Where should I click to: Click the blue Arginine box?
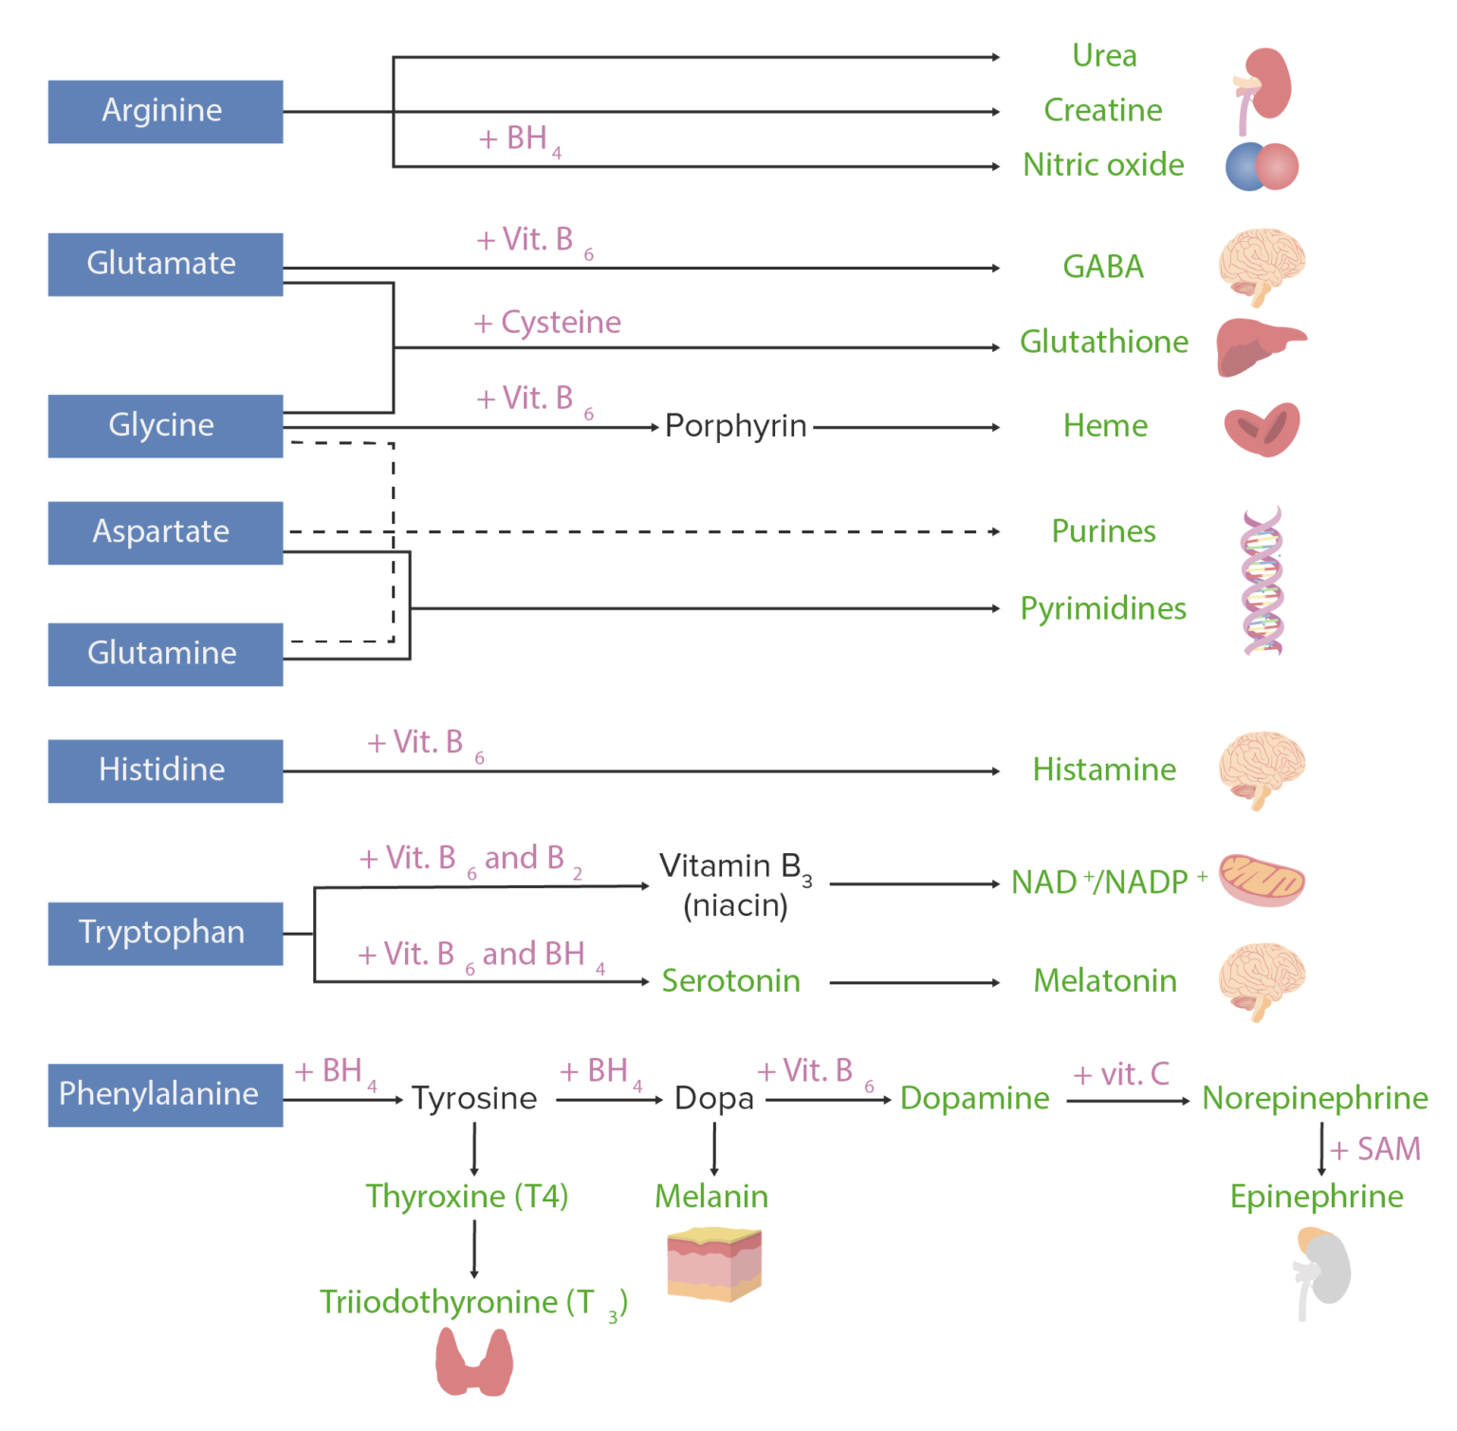click(165, 112)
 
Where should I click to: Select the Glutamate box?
click(165, 264)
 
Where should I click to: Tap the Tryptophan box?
click(165, 933)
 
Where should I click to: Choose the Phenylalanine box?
click(165, 1094)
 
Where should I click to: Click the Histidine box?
click(165, 771)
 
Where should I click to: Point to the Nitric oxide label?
click(1103, 165)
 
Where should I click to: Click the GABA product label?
click(1103, 267)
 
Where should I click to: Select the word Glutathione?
click(1103, 342)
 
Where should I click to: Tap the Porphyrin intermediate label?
click(735, 426)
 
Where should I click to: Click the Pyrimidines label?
click(1103, 608)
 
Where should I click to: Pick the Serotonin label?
click(730, 980)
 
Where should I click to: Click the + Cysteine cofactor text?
click(547, 323)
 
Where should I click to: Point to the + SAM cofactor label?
click(1375, 1149)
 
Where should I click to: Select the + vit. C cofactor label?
click(1121, 1074)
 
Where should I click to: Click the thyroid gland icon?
click(474, 1362)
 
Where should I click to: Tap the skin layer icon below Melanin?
click(714, 1264)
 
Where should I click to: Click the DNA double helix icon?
click(1263, 581)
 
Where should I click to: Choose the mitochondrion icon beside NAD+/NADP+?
click(1262, 880)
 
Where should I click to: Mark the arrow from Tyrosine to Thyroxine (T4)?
click(474, 1149)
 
